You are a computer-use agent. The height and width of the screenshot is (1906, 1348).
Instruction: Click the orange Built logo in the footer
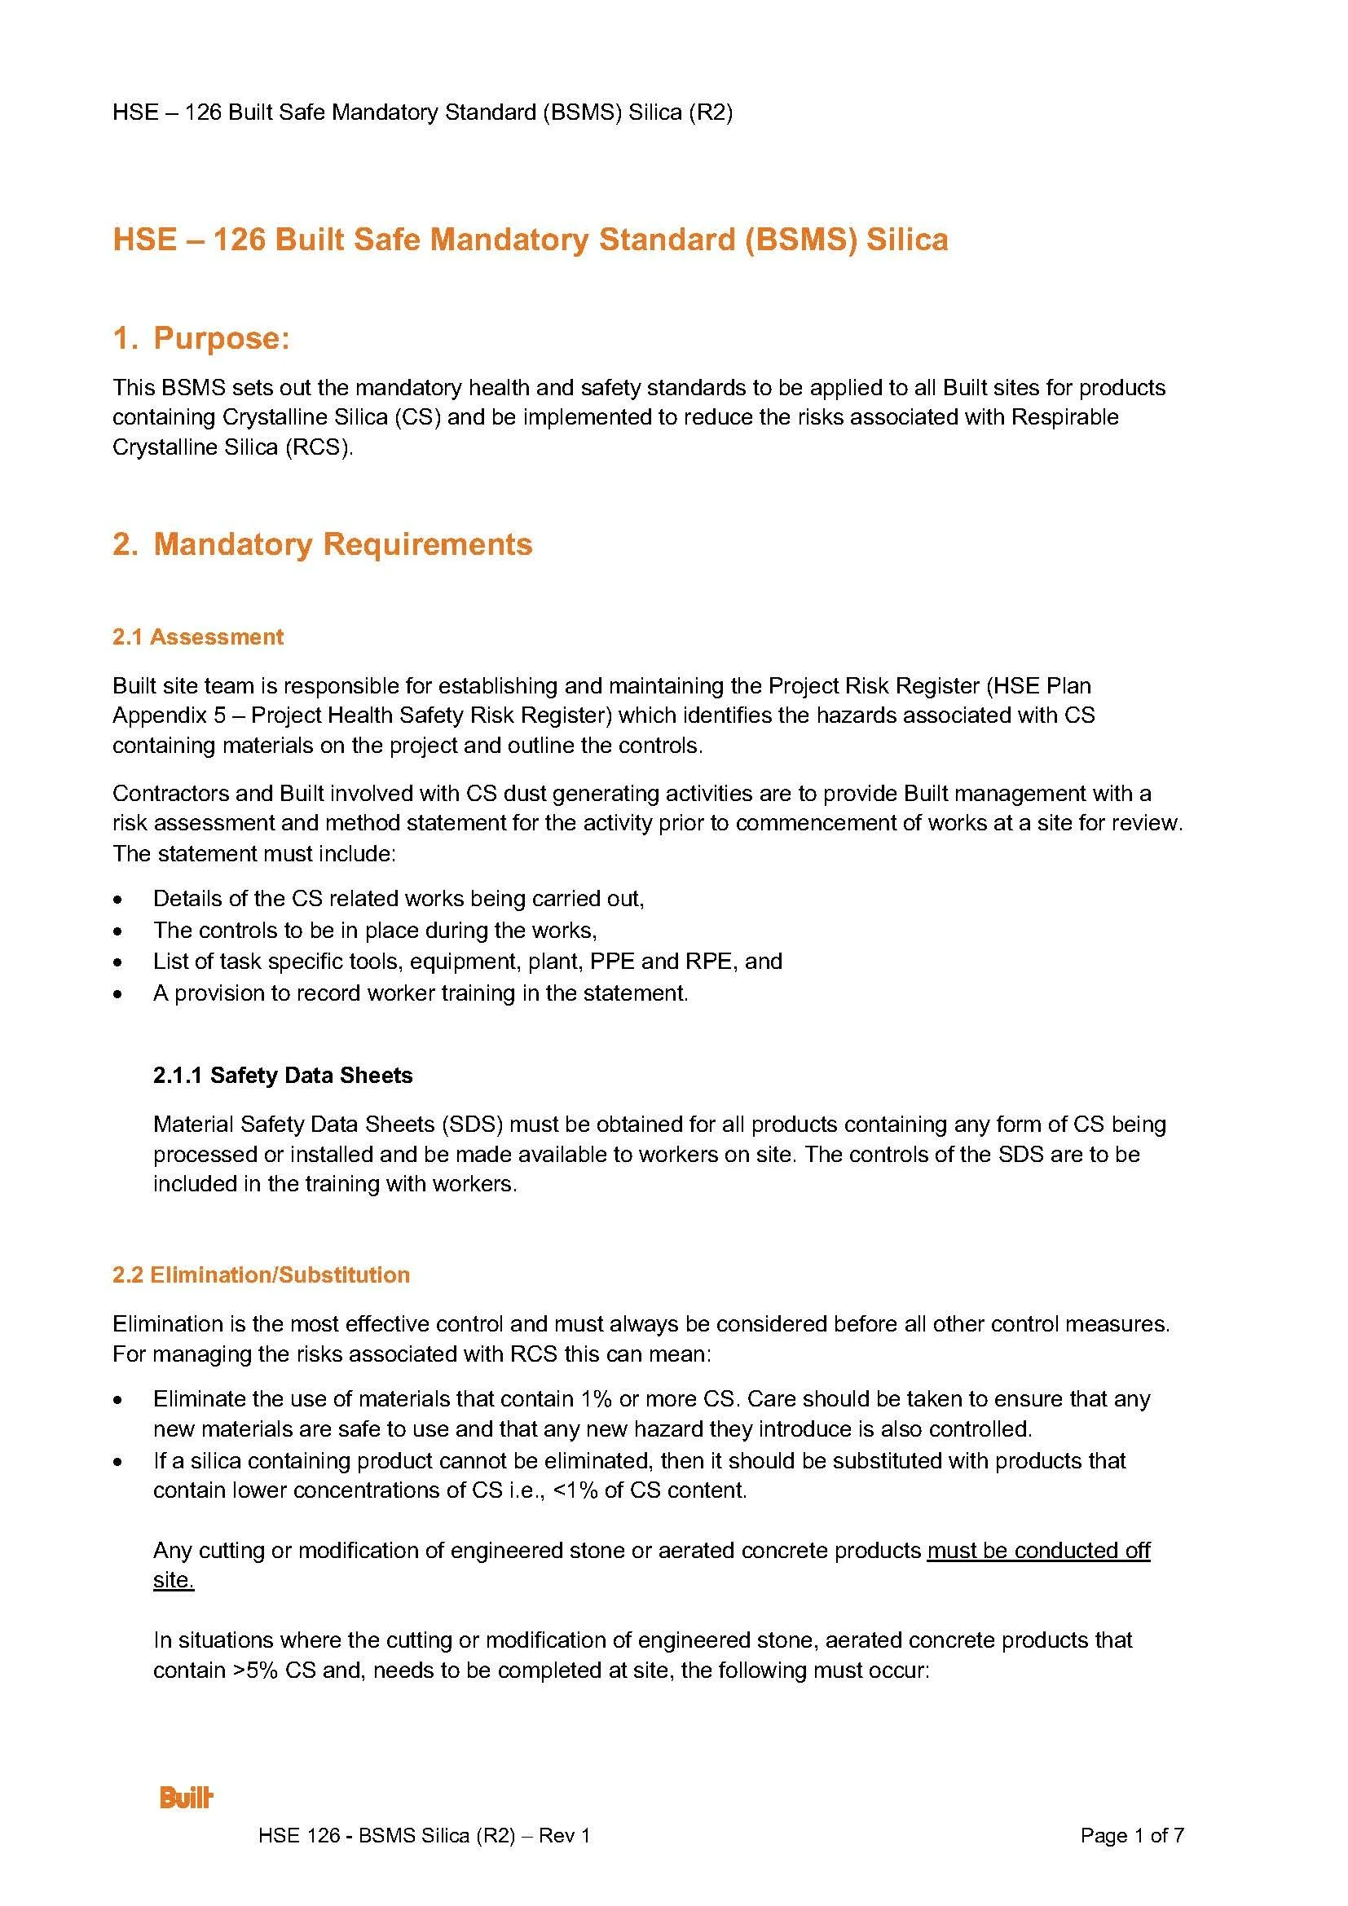click(x=186, y=1798)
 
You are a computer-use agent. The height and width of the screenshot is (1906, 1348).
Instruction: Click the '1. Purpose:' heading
click(x=200, y=338)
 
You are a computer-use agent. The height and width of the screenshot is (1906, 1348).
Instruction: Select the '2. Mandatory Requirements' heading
click(x=322, y=544)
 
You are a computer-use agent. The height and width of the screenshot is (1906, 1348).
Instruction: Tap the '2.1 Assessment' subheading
click(x=197, y=636)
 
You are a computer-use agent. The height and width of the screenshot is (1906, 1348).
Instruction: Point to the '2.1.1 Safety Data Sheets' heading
click(x=282, y=1075)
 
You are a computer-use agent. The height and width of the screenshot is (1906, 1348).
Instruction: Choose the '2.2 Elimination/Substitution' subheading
click(x=261, y=1274)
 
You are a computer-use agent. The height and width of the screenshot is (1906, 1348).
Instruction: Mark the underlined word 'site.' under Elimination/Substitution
click(x=173, y=1580)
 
